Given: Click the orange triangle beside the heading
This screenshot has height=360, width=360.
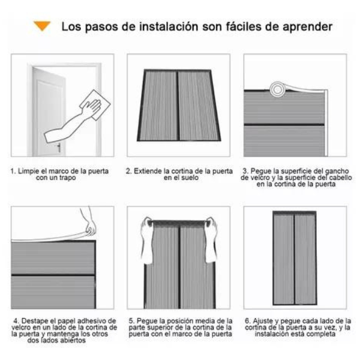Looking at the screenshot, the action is pos(42,25).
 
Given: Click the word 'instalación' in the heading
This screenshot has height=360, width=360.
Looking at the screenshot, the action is pos(169,26).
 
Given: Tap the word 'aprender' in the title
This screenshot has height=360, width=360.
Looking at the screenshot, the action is pos(307,27).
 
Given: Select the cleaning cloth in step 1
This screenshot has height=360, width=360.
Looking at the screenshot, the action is pos(95,104).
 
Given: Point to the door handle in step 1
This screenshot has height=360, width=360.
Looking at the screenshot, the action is pos(59,148).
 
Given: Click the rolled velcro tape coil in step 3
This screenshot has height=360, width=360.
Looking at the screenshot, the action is pos(277,89).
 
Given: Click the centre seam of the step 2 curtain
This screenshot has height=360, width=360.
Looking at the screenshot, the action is pos(178,106).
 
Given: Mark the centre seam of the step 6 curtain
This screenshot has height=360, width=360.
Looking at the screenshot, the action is pos(294,259).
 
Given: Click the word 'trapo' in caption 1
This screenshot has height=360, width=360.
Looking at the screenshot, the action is pos(67,178).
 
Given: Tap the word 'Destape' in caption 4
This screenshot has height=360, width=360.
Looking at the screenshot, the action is pos(35,321).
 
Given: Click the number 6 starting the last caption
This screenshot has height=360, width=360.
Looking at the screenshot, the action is pos(247,321).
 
